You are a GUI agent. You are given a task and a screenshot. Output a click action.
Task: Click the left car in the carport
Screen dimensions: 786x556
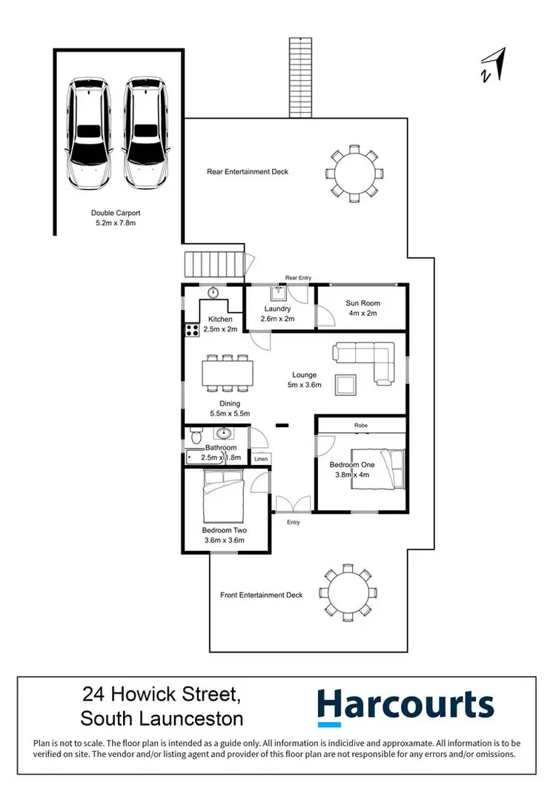point(89,133)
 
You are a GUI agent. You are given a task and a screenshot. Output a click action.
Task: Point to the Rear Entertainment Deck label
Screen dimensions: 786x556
point(247,171)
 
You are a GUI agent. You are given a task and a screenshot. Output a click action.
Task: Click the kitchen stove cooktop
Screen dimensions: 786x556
point(191,330)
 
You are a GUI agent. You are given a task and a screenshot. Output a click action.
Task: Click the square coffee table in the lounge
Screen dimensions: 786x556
point(345,385)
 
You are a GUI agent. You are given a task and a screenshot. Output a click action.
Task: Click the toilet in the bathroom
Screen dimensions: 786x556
point(195,434)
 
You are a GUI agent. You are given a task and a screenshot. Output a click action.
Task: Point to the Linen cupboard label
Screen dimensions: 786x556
point(260,460)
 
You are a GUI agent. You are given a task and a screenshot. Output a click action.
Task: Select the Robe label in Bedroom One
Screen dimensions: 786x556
point(361,425)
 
